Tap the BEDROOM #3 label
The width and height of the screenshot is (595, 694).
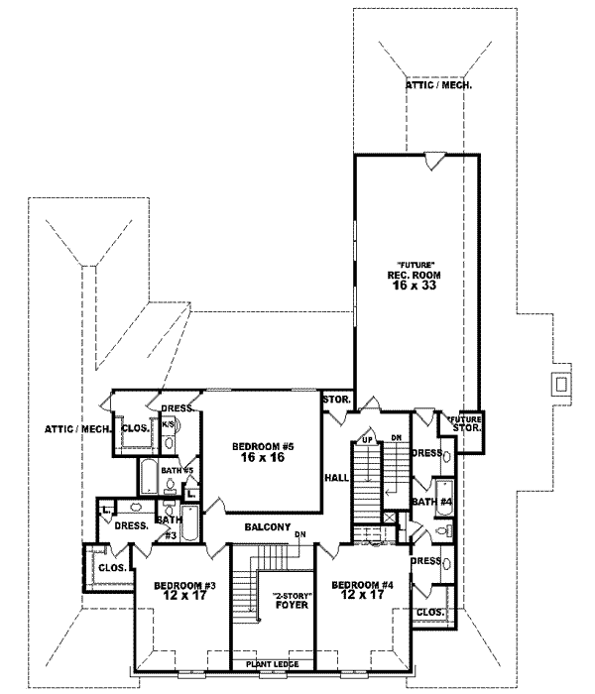178,585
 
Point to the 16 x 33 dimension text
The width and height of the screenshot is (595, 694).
414,285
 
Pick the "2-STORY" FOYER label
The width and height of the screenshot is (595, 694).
291,600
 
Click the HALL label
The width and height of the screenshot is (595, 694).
335,477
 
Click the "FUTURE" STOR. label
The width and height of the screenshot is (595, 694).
462,424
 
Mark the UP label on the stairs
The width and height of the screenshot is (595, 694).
366,438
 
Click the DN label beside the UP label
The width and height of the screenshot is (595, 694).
395,438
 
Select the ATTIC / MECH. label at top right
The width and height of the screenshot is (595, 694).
438,86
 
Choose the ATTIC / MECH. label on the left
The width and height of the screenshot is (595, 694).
74,428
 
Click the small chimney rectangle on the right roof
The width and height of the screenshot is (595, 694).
561,383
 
